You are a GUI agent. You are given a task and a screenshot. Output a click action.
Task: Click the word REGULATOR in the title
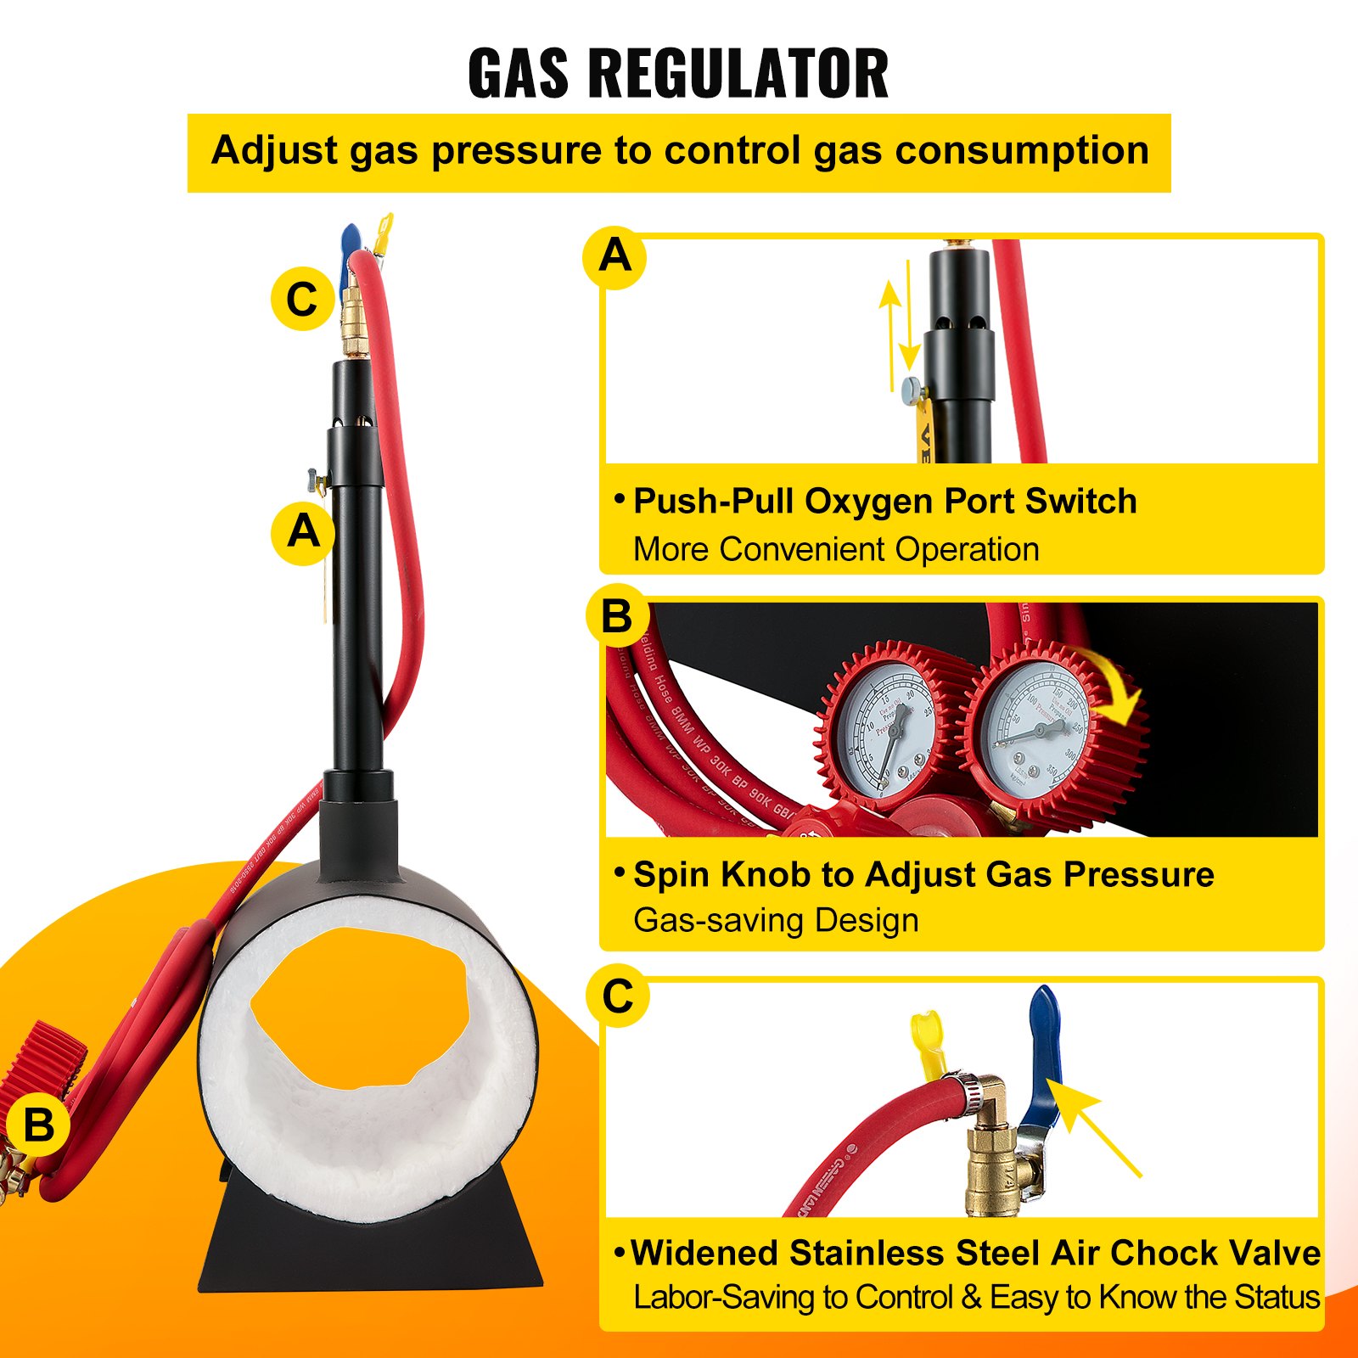738,74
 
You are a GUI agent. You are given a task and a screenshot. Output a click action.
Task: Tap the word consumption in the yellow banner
1022,151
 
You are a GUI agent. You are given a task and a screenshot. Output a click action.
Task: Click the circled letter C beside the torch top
302,299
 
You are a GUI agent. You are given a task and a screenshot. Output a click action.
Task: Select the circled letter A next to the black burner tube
303,532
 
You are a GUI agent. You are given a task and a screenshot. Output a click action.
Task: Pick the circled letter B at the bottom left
39,1126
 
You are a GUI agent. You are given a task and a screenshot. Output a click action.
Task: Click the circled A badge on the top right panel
614,255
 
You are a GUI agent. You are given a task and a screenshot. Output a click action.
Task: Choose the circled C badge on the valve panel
618,996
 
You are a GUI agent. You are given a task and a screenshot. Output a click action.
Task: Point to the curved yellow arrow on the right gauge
1110,687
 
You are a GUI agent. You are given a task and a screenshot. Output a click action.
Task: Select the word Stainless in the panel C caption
867,1254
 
